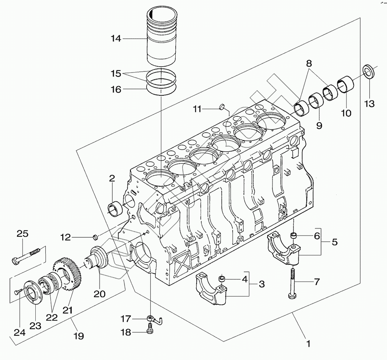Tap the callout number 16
116,89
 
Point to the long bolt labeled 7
292,283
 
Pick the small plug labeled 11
222,107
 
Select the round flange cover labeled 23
34,293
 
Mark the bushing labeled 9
316,100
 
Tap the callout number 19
78,336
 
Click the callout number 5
335,242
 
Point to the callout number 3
261,284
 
